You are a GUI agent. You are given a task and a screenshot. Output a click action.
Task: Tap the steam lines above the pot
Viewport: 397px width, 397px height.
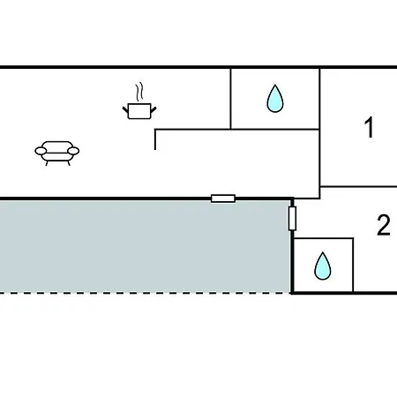coord(139,92)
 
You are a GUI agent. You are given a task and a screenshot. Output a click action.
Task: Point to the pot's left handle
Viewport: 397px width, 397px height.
coord(125,110)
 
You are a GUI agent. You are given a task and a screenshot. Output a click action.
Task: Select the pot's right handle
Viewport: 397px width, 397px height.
coord(154,109)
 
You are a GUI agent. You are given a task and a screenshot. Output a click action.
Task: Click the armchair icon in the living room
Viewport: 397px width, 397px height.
coord(57,153)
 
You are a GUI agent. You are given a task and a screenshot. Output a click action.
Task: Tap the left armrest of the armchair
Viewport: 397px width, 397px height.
coord(41,151)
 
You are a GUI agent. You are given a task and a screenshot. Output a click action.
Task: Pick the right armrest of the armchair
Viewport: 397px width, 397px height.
coord(73,151)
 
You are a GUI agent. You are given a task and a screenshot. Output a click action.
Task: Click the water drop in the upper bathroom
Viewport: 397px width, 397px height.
coord(275,99)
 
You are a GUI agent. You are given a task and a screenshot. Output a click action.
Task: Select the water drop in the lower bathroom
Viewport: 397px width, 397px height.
coord(323,266)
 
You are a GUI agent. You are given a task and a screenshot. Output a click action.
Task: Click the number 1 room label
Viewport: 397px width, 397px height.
coord(369,127)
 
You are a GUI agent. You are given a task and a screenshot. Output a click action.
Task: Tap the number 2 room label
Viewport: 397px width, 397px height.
coord(384,225)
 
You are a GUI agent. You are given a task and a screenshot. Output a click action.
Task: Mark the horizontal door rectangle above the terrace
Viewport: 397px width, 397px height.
coord(223,198)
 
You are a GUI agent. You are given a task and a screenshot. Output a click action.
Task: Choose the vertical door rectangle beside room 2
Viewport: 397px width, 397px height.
coord(292,218)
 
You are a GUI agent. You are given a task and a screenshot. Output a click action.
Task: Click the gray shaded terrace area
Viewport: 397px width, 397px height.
coord(145,246)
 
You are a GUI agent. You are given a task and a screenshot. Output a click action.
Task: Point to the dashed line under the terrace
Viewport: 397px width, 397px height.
coord(145,293)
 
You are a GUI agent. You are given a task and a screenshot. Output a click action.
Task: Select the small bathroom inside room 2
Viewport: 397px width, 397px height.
coord(324,266)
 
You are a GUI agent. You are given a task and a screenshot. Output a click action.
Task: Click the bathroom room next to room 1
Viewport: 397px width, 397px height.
coord(275,99)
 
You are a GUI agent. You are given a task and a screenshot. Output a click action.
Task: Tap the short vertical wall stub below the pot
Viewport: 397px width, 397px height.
coord(155,139)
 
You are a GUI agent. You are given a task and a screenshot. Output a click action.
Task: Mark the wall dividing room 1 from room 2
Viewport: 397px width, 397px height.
coord(358,186)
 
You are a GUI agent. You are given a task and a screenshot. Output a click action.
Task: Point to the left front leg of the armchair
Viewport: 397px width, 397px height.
coord(47,163)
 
